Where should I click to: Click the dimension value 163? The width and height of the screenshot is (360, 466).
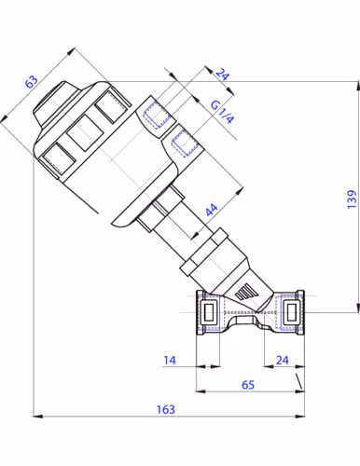pyautogui.click(x=166, y=409)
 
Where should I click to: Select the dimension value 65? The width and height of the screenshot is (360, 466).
pyautogui.click(x=248, y=385)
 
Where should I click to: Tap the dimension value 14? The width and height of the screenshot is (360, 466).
pyautogui.click(x=170, y=360)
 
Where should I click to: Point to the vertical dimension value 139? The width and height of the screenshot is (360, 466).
pyautogui.click(x=352, y=199)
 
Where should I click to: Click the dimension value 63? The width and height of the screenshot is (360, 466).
pyautogui.click(x=32, y=81)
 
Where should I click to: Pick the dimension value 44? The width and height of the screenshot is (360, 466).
pyautogui.click(x=212, y=210)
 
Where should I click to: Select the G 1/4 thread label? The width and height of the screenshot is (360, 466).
pyautogui.click(x=222, y=113)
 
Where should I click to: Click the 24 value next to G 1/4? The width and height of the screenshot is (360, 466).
pyautogui.click(x=223, y=75)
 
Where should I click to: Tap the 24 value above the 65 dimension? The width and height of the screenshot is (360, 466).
pyautogui.click(x=283, y=360)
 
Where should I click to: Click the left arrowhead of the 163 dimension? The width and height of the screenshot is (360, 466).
pyautogui.click(x=37, y=416)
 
